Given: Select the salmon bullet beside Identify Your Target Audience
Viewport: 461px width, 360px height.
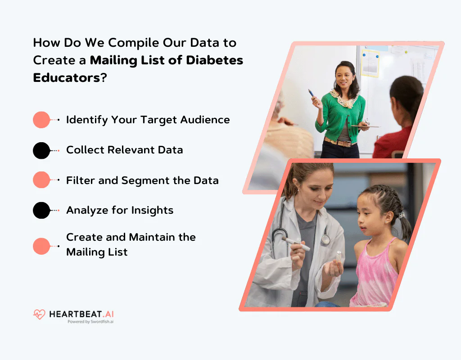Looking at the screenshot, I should click(41, 120).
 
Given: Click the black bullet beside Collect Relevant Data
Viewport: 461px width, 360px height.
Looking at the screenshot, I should click(41, 150).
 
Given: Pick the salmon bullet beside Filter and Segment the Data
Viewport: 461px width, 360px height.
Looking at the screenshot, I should click(41, 180).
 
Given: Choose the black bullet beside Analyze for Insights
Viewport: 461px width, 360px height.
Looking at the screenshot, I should click(41, 210).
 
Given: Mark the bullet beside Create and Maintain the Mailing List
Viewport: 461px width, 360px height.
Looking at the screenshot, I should click(41, 246).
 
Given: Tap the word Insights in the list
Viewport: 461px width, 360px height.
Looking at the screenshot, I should click(152, 210).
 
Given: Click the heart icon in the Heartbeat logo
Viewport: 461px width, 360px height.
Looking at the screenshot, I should click(39, 314).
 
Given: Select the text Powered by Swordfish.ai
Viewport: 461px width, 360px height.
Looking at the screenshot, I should click(90, 322).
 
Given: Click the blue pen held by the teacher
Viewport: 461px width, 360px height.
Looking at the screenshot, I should click(312, 94).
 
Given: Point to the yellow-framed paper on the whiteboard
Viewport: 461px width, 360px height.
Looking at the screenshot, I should click(370, 63).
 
